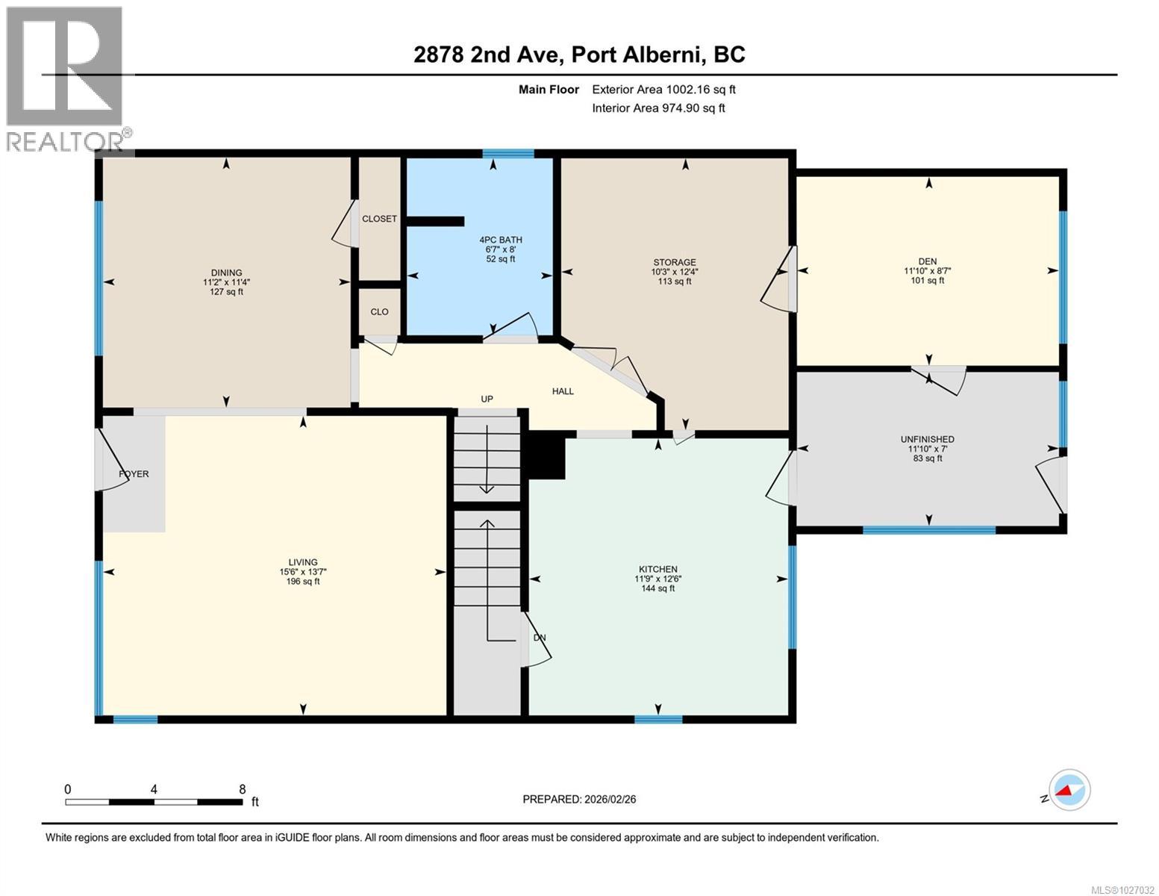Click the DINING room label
point(226,273)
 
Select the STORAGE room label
point(674,263)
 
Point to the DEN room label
point(928,261)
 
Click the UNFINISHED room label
point(927,440)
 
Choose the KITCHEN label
point(657,569)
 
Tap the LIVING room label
point(303,562)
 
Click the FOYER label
point(134,474)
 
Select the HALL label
point(563,391)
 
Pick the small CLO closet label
point(379,312)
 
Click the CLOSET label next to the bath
point(379,220)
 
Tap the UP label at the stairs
point(487,399)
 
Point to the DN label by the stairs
point(540,638)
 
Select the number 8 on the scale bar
point(242,789)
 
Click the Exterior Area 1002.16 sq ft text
point(663,90)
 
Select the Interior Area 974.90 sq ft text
point(658,108)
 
